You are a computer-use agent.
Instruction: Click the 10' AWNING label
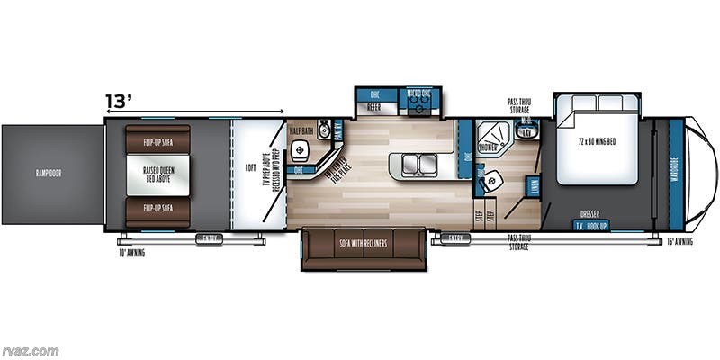(130, 252)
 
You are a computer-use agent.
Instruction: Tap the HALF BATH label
(301, 131)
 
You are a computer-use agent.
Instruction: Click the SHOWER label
(489, 145)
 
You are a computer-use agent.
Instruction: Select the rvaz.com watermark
(31, 350)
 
